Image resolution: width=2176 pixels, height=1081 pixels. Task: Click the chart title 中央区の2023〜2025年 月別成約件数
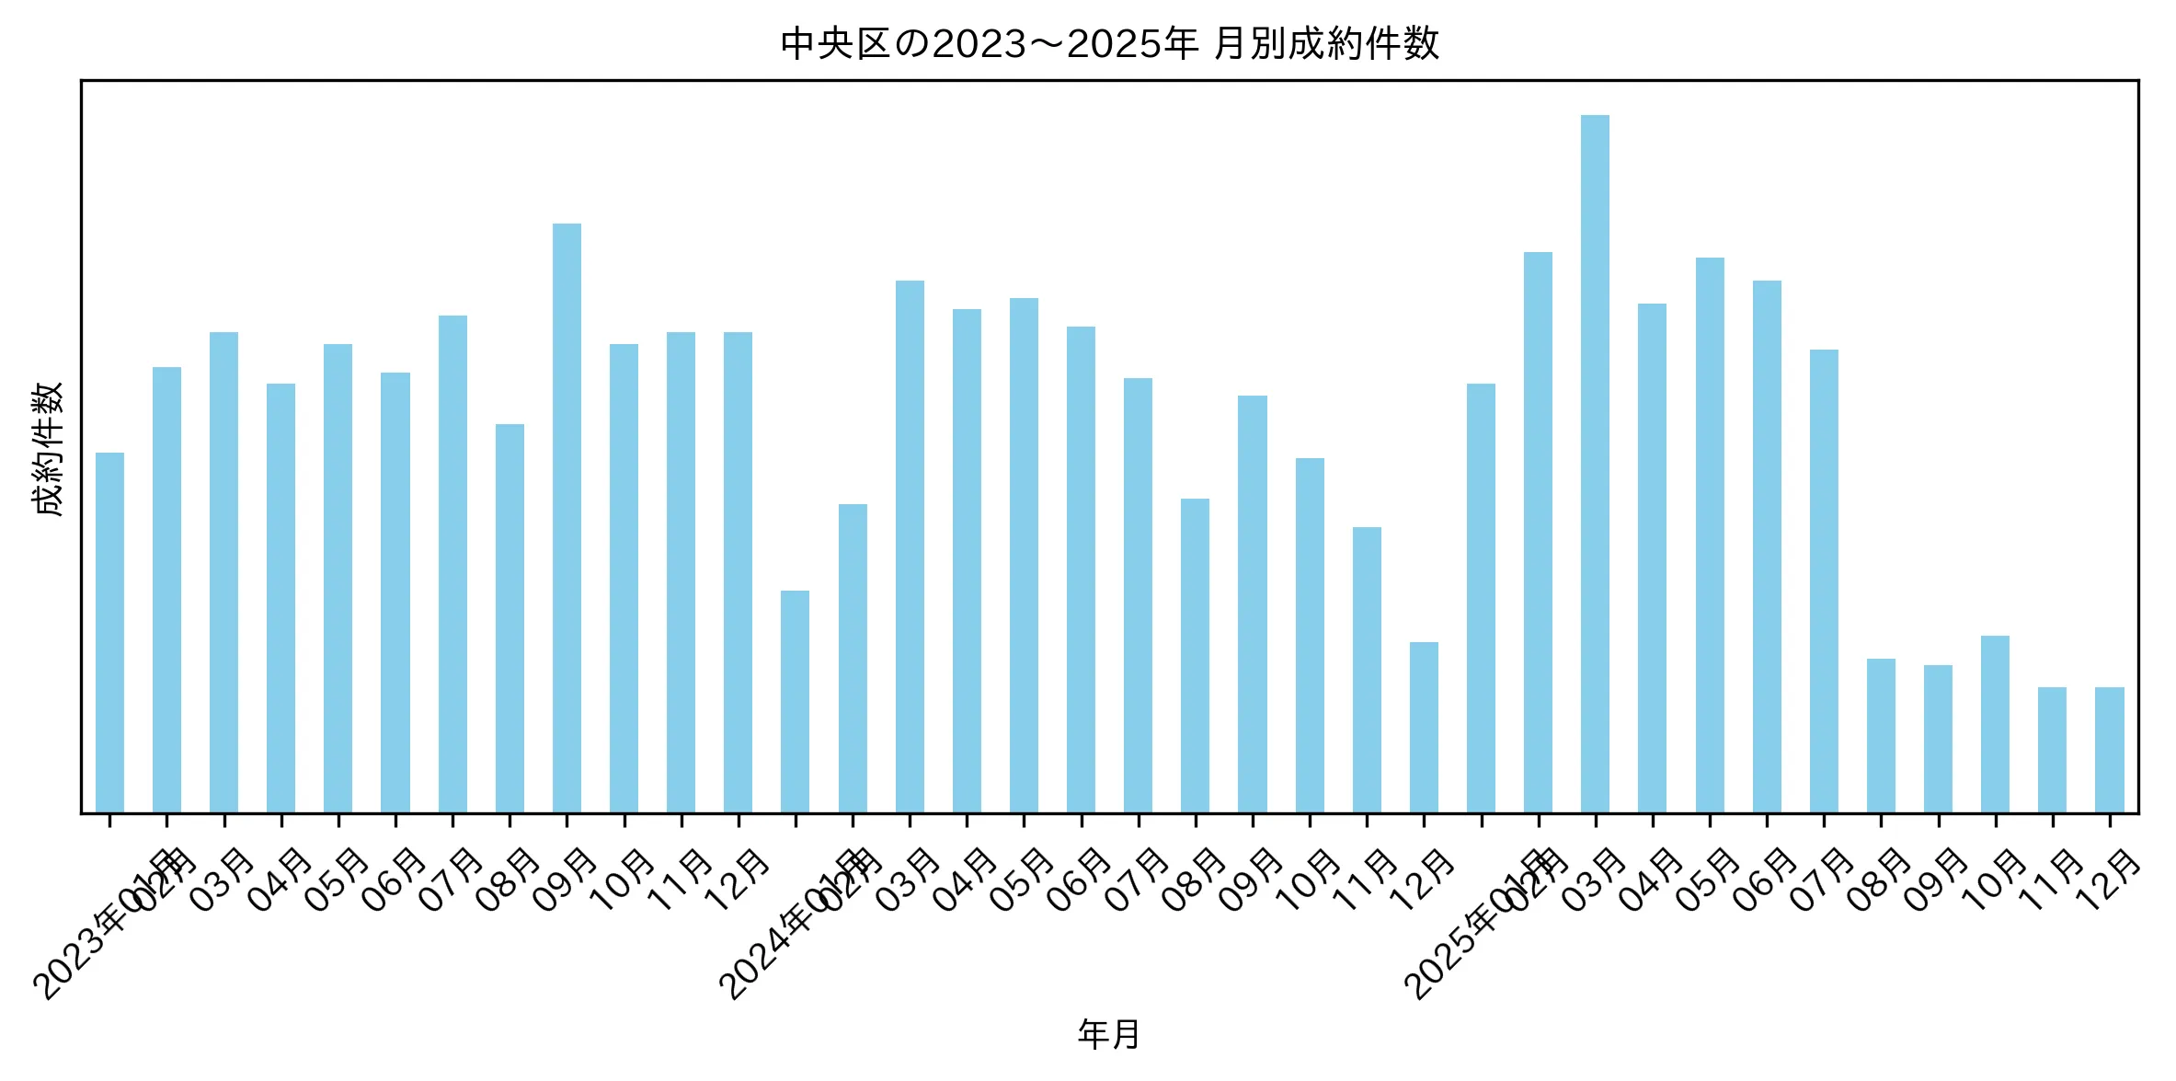click(x=1109, y=43)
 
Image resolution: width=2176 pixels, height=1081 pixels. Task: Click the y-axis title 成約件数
click(x=47, y=449)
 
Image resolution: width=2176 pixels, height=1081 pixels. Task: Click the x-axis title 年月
click(x=1109, y=1034)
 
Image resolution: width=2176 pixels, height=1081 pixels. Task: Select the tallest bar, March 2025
click(x=1595, y=464)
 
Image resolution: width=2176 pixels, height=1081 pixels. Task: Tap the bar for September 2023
click(x=567, y=518)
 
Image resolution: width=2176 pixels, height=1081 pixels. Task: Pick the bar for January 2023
click(x=109, y=633)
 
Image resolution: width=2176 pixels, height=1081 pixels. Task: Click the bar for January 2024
click(x=795, y=702)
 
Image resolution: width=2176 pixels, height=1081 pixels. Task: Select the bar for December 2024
click(x=1424, y=728)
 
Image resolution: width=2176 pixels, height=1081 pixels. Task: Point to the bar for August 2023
click(x=510, y=618)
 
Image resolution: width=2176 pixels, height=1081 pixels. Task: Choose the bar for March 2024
click(x=910, y=546)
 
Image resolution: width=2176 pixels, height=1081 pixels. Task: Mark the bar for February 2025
click(x=1538, y=533)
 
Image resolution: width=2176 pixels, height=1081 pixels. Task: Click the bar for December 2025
click(x=2110, y=750)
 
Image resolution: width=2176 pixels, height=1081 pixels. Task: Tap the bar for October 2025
click(x=1995, y=724)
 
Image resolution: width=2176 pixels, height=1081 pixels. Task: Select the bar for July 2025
click(x=1824, y=581)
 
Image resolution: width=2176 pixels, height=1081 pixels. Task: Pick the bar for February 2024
click(x=853, y=659)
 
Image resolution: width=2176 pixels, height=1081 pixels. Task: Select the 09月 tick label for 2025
click(x=1936, y=881)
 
